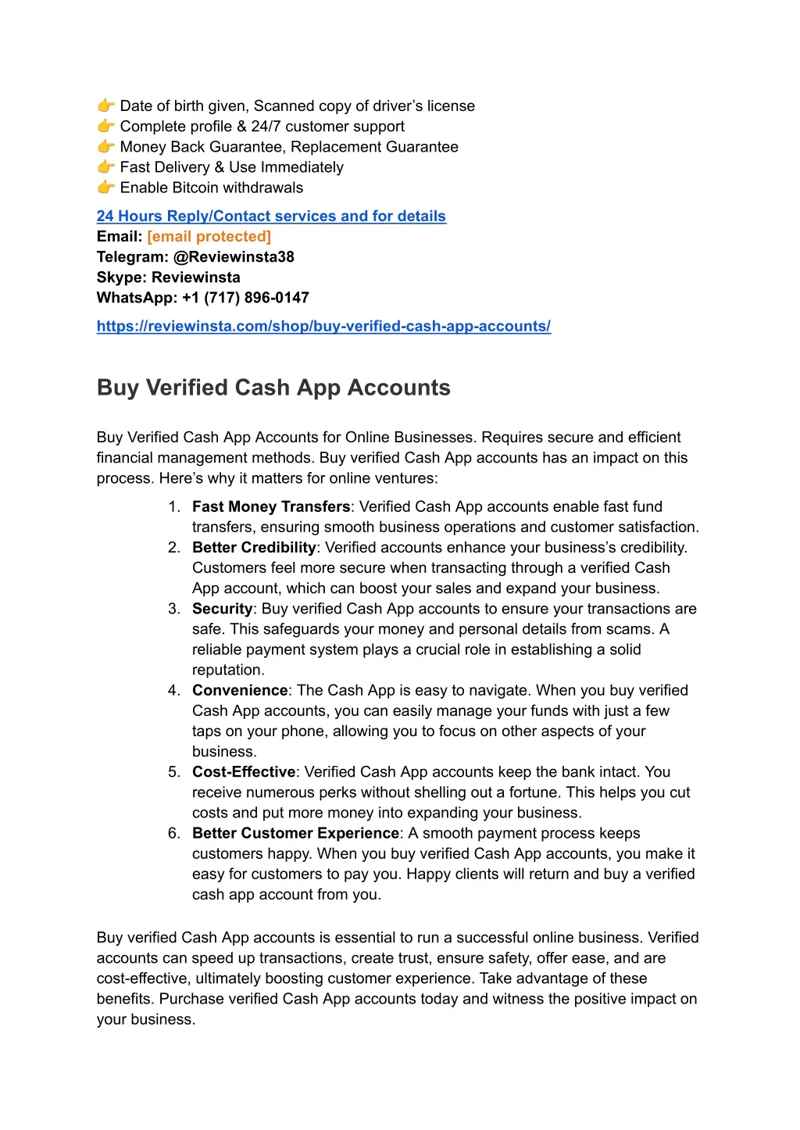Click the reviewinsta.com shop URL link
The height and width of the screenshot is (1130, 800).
(323, 327)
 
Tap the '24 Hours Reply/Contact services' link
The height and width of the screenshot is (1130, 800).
(271, 216)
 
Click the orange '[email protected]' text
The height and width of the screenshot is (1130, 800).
(209, 237)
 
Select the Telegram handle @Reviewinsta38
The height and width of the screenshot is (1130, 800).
(234, 257)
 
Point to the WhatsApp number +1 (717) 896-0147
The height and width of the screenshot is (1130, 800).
(245, 298)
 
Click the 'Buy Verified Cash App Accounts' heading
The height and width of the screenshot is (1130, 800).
(273, 388)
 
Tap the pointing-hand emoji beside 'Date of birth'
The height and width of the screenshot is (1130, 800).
(105, 105)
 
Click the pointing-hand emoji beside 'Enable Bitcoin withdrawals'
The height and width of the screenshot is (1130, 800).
(105, 188)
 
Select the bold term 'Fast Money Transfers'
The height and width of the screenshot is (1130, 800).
(271, 507)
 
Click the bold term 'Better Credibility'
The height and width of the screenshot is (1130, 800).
(254, 548)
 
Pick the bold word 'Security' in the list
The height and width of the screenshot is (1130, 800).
(222, 609)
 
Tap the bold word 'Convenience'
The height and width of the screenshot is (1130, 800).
(240, 690)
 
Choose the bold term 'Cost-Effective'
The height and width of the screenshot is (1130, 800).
(244, 772)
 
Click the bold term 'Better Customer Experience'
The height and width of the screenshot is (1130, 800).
(295, 833)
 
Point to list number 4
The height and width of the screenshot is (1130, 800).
(173, 690)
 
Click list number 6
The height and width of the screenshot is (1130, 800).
(173, 833)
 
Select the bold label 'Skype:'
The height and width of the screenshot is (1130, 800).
(122, 277)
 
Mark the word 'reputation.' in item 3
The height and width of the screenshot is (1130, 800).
(228, 670)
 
